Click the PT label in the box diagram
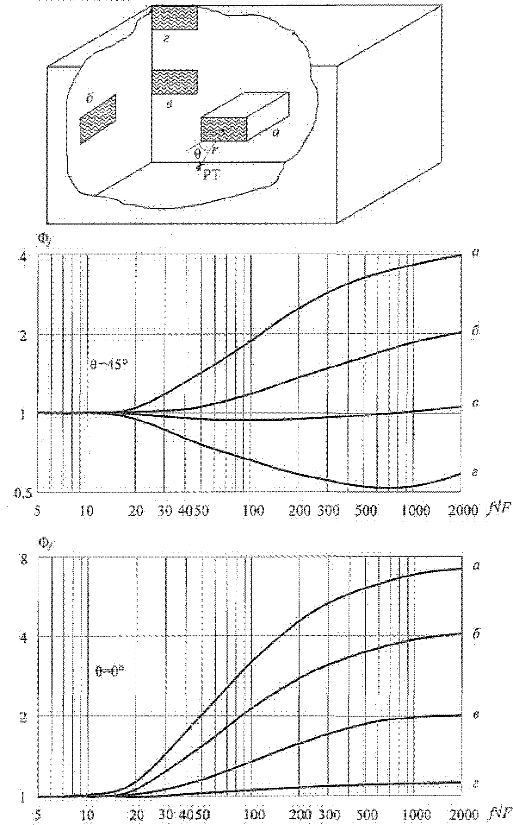(x=211, y=176)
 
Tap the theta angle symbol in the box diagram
(x=197, y=154)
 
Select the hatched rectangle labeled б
(x=98, y=119)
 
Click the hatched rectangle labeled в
(x=174, y=82)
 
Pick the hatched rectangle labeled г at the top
(x=174, y=18)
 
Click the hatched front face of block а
(x=224, y=129)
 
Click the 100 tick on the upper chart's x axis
(x=254, y=510)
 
